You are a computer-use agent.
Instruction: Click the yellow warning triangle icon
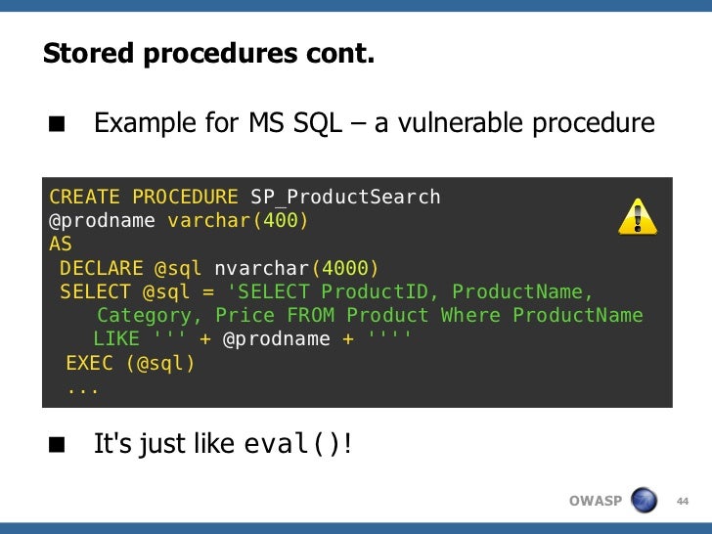click(637, 217)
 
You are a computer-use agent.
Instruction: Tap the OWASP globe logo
click(644, 501)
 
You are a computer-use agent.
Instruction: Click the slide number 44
click(683, 502)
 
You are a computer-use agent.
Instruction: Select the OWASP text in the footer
click(595, 502)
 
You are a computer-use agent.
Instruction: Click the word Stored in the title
click(88, 54)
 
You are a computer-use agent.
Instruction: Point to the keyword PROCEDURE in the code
click(185, 198)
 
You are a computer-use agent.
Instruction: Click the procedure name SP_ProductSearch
click(345, 198)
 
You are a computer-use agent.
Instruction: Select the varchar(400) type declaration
click(238, 221)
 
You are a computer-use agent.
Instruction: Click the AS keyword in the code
click(61, 245)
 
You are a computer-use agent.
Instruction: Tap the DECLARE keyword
click(101, 268)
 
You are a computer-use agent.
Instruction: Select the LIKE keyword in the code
click(116, 339)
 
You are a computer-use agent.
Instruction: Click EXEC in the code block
click(89, 364)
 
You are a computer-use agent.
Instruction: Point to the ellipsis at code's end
click(83, 388)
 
